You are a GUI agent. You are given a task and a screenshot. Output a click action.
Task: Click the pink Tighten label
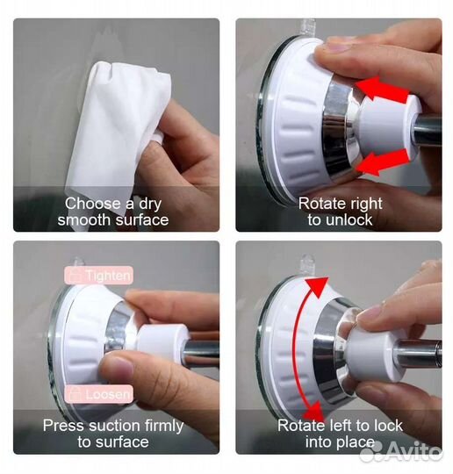98,276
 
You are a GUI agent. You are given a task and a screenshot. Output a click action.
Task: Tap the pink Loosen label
98,394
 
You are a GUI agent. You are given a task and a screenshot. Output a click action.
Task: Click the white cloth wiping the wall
118,130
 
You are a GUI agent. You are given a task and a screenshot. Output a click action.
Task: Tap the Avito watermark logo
400,451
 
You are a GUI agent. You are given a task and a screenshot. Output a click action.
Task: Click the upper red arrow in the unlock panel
382,90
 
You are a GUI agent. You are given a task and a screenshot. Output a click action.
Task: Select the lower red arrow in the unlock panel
384,162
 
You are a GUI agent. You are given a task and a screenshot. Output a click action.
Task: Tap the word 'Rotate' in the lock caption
301,426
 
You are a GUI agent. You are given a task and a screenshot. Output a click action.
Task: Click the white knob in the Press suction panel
162,341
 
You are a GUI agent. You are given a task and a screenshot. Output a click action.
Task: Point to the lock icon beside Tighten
75,275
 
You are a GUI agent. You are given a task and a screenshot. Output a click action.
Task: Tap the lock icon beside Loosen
75,394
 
